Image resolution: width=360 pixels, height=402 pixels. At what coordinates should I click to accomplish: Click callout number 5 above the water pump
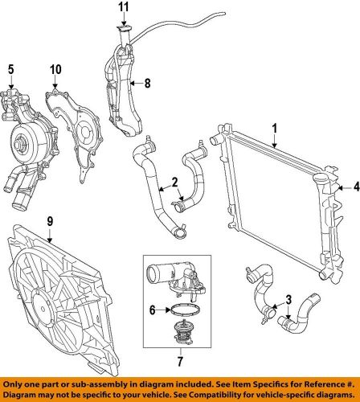11,69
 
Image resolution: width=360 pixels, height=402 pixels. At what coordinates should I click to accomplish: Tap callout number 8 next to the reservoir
146,81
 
